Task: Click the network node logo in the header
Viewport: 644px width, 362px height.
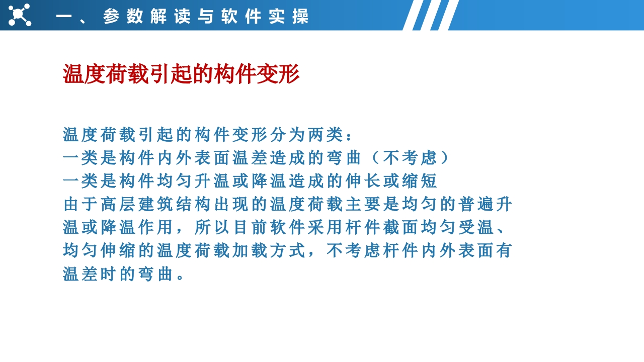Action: point(20,15)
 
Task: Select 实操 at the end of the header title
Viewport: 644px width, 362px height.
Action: point(289,16)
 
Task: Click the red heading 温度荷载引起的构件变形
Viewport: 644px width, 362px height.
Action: point(181,74)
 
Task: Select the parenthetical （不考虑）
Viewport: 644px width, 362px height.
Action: point(411,158)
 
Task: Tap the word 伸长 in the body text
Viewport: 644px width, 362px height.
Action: point(363,181)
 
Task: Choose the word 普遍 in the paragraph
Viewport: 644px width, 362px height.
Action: point(476,204)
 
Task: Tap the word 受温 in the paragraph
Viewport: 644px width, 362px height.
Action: point(476,227)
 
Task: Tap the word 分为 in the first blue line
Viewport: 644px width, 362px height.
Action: point(287,134)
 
